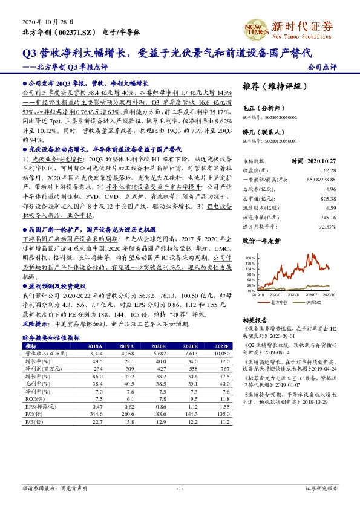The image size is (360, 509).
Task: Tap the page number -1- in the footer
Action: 180,488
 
